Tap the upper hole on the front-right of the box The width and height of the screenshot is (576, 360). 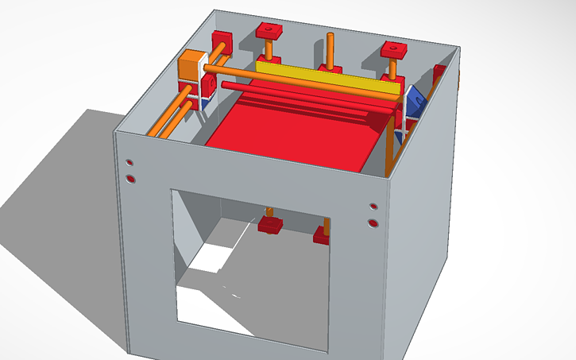373,207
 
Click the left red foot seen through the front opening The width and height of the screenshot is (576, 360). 271,225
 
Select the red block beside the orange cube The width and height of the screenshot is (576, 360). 221,43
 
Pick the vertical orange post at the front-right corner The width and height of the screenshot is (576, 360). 389,151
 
